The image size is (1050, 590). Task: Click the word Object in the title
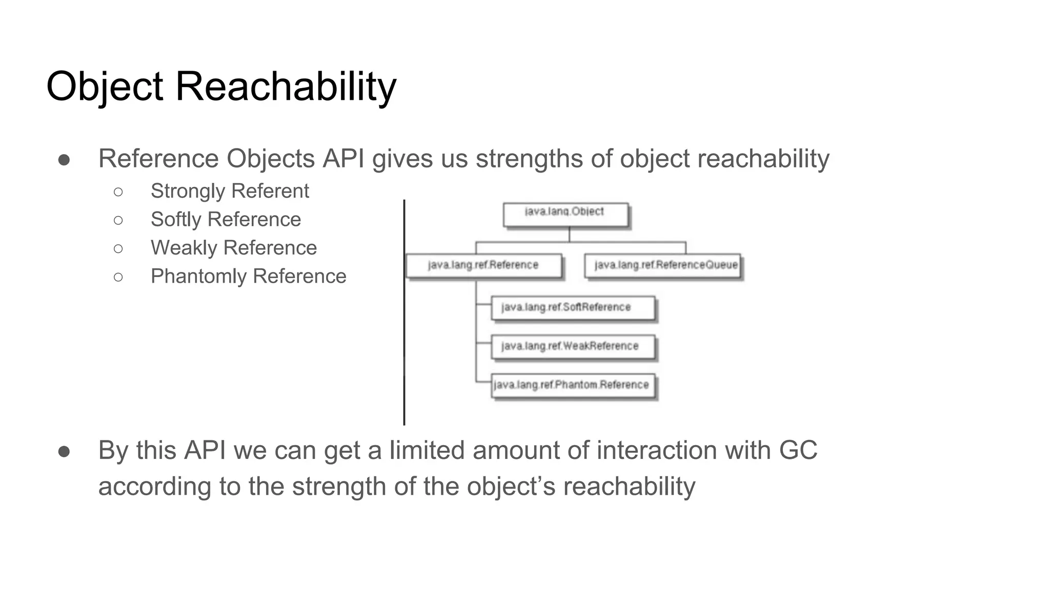click(105, 86)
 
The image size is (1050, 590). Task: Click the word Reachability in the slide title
click(286, 86)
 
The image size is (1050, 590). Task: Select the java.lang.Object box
click(565, 215)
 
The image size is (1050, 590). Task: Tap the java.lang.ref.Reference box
click(483, 265)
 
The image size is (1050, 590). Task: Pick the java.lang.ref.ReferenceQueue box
click(663, 265)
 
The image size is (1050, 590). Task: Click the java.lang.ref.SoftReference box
click(573, 308)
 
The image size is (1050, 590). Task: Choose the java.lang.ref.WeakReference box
click(573, 347)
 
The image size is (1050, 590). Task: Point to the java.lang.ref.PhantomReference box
click(573, 386)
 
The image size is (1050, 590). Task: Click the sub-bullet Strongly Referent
click(230, 191)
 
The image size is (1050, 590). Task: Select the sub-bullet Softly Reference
click(226, 219)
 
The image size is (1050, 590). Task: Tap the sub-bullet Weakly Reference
click(233, 248)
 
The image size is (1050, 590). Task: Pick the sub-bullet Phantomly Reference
click(248, 276)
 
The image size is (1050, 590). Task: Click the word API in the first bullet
click(343, 158)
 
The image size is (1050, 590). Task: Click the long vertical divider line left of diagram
click(404, 312)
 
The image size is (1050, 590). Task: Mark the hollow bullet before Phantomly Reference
click(118, 277)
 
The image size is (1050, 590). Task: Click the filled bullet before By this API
click(64, 451)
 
